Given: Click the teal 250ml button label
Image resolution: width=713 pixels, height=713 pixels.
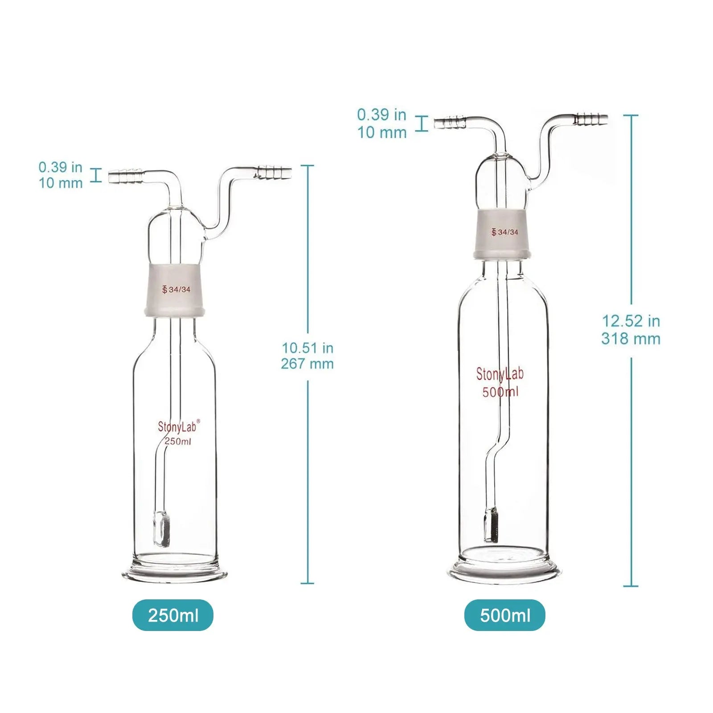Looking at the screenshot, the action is point(173,615).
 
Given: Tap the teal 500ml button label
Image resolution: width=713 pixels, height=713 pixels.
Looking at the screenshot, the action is point(505,615).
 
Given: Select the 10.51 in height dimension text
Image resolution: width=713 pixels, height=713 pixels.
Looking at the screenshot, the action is point(307,348).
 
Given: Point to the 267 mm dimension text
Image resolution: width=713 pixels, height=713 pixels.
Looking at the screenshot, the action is point(307,364).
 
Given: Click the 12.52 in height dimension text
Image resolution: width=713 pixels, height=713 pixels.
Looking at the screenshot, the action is point(631,321).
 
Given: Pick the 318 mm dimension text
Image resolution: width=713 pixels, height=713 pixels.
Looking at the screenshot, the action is point(631,339).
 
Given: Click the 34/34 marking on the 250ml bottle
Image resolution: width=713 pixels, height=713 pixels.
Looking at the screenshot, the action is point(176,289).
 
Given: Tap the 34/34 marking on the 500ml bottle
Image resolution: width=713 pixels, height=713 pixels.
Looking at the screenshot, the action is point(505,232).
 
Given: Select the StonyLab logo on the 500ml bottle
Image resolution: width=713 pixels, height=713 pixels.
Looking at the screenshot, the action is point(500,374).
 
